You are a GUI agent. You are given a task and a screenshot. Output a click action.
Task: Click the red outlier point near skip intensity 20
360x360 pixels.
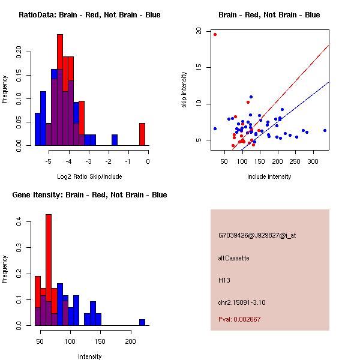(215, 34)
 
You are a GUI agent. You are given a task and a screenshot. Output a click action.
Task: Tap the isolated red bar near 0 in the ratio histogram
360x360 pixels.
(142, 134)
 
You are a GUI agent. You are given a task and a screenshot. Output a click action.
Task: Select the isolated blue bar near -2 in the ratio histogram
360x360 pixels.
(115, 139)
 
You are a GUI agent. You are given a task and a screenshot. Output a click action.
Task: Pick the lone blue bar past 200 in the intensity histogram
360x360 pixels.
(142, 322)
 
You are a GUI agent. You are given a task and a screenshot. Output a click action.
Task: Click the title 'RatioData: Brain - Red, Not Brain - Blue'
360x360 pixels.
(89, 15)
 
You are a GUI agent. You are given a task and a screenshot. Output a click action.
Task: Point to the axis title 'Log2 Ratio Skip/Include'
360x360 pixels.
(89, 177)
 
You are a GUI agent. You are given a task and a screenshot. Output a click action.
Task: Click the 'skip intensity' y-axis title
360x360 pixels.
(184, 90)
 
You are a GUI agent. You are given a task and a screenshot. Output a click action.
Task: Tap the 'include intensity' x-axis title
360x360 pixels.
(269, 177)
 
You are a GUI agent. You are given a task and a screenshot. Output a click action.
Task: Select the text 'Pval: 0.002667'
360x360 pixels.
(239, 319)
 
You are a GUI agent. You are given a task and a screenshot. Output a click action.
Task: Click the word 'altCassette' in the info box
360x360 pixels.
(234, 258)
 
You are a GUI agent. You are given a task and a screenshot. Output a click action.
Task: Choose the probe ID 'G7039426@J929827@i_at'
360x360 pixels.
(257, 235)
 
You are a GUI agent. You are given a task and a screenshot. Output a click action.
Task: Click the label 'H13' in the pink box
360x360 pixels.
(224, 280)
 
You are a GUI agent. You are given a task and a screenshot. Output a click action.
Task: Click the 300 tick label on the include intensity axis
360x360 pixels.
(313, 162)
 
